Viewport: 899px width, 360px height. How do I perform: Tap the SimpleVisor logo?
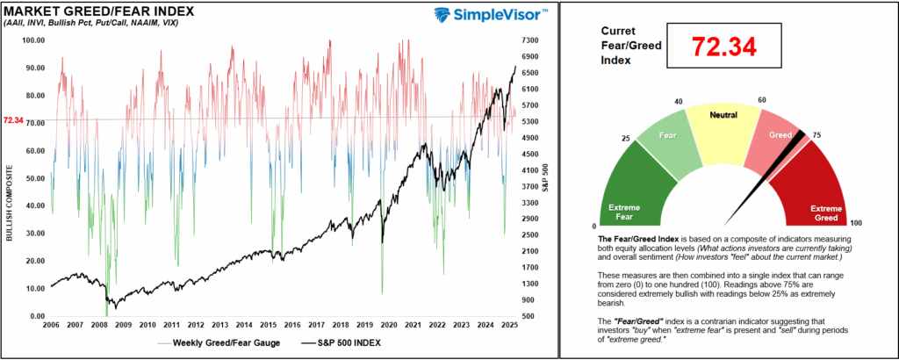pyautogui.click(x=492, y=15)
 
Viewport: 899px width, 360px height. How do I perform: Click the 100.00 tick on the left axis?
pyautogui.click(x=32, y=40)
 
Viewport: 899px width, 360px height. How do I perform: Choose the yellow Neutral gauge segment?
pyautogui.click(x=721, y=123)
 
